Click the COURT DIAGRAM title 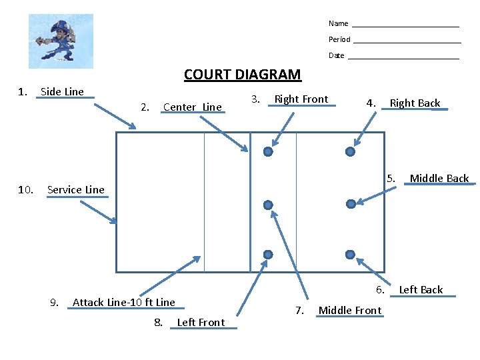242,75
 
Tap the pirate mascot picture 61,41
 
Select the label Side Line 62,92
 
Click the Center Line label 192,107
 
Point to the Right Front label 301,99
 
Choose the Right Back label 415,103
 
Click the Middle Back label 439,178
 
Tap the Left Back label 421,289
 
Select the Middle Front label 350,310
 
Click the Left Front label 201,323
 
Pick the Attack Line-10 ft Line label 123,302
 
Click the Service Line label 76,189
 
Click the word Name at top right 338,23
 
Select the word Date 337,55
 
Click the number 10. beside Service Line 26,189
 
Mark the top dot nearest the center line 268,152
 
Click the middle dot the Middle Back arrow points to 351,203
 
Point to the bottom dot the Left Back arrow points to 351,254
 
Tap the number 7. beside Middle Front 299,310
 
